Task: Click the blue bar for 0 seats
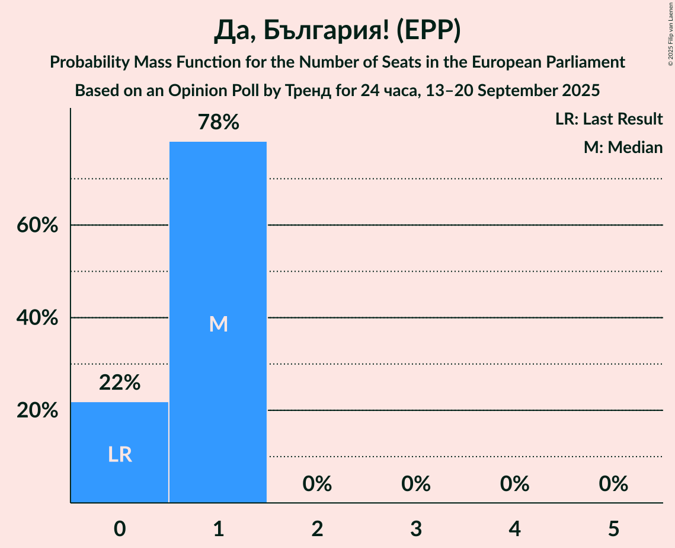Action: pyautogui.click(x=120, y=433)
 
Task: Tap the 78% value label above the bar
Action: pyautogui.click(x=218, y=123)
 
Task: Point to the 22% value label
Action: pyautogui.click(x=120, y=383)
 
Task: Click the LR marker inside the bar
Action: pyautogui.click(x=120, y=454)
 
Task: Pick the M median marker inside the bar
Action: pyautogui.click(x=218, y=324)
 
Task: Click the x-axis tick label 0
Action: pyautogui.click(x=120, y=528)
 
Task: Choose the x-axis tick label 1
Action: pyautogui.click(x=218, y=528)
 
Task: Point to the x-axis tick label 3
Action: pyautogui.click(x=416, y=528)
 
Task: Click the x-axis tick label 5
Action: pyautogui.click(x=613, y=528)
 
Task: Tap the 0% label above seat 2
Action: pyautogui.click(x=317, y=484)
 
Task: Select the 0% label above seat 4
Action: pyautogui.click(x=514, y=484)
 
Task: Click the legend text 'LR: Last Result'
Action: pyautogui.click(x=609, y=119)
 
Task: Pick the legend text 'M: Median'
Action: pyautogui.click(x=623, y=147)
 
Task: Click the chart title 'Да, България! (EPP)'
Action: pyautogui.click(x=337, y=31)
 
